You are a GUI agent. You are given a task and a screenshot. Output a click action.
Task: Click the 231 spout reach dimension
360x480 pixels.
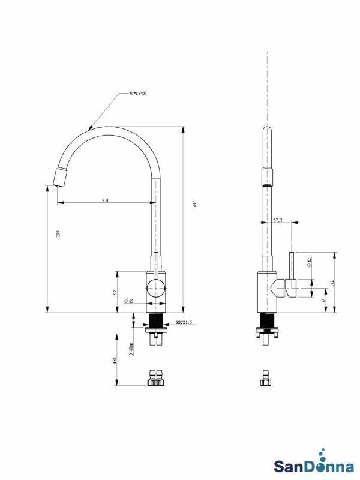pos(106,200)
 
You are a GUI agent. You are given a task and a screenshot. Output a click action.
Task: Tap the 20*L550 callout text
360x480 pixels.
pos(137,94)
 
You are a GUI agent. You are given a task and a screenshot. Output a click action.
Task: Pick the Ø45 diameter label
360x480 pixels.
pos(128,301)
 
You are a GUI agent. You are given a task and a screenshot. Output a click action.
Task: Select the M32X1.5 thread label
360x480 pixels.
pos(184,323)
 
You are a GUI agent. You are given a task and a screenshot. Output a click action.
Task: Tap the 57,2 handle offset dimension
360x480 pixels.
pos(278,220)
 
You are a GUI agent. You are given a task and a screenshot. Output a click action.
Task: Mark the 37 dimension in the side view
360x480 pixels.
pos(323,301)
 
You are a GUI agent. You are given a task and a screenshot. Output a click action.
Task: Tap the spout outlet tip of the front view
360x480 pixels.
pos(59,178)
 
